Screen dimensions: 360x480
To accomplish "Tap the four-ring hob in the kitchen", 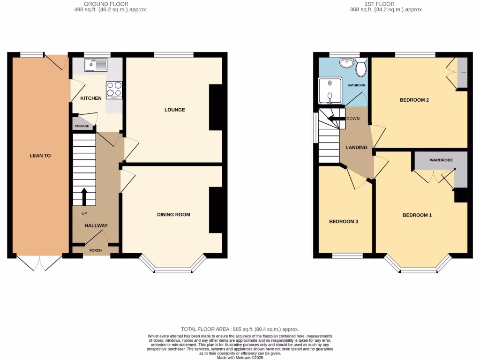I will coord(114,90).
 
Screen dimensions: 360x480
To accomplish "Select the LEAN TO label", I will coord(40,155).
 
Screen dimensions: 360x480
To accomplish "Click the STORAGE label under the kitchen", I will coord(82,127).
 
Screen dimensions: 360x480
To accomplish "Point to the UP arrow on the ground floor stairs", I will coord(84,197).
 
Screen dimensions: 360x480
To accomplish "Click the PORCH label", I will coord(95,250).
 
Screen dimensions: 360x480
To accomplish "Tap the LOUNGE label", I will coord(174,110).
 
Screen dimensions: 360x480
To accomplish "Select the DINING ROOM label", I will coord(173,215).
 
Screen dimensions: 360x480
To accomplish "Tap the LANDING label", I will coord(356,148).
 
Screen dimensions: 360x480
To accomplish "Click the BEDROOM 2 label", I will coord(414,100).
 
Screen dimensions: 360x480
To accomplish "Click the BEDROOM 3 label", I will coord(344,221).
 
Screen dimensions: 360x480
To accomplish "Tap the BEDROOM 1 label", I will coord(417,215).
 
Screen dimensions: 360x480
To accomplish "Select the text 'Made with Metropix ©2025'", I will coord(240,357).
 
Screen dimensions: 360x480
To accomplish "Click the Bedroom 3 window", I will coord(347,256).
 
